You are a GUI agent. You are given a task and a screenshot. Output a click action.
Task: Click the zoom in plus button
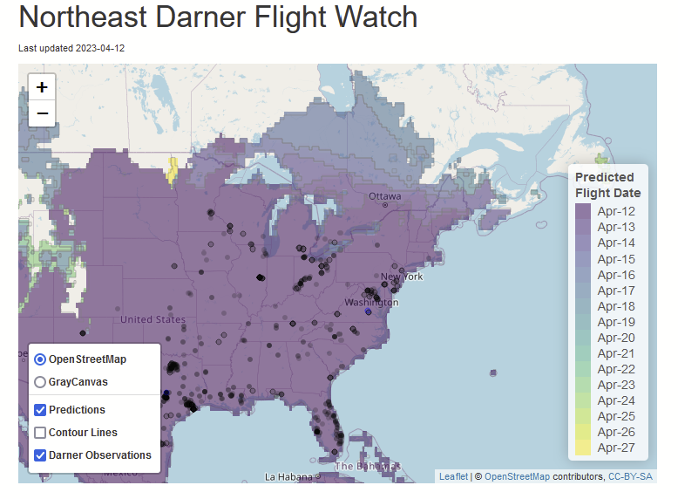click(x=42, y=86)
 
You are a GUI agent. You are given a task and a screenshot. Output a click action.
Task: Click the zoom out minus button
click(x=42, y=113)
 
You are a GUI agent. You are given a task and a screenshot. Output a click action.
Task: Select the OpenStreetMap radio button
click(x=41, y=359)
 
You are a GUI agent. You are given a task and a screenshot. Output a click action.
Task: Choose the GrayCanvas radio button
click(x=41, y=382)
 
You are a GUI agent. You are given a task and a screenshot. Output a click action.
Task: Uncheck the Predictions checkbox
click(x=41, y=410)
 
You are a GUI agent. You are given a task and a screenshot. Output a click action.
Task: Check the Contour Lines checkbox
click(x=41, y=433)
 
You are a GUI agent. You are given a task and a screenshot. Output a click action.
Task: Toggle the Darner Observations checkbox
click(x=41, y=455)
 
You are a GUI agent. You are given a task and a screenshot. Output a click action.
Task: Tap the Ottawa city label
click(x=384, y=196)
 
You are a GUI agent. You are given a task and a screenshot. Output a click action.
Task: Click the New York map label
click(x=402, y=277)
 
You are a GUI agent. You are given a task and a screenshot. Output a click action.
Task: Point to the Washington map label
click(x=371, y=303)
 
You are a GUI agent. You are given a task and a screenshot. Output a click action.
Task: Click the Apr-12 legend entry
click(x=615, y=211)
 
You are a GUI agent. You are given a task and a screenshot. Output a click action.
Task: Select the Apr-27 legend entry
click(x=615, y=449)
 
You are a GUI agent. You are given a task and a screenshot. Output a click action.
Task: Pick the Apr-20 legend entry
click(x=615, y=338)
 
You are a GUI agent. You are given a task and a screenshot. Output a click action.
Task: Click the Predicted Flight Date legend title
click(x=607, y=185)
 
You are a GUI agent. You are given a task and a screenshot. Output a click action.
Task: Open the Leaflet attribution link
click(x=453, y=476)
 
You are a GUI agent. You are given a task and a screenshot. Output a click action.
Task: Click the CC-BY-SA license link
click(x=630, y=476)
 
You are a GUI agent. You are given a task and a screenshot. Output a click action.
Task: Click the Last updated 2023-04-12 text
click(x=71, y=48)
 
